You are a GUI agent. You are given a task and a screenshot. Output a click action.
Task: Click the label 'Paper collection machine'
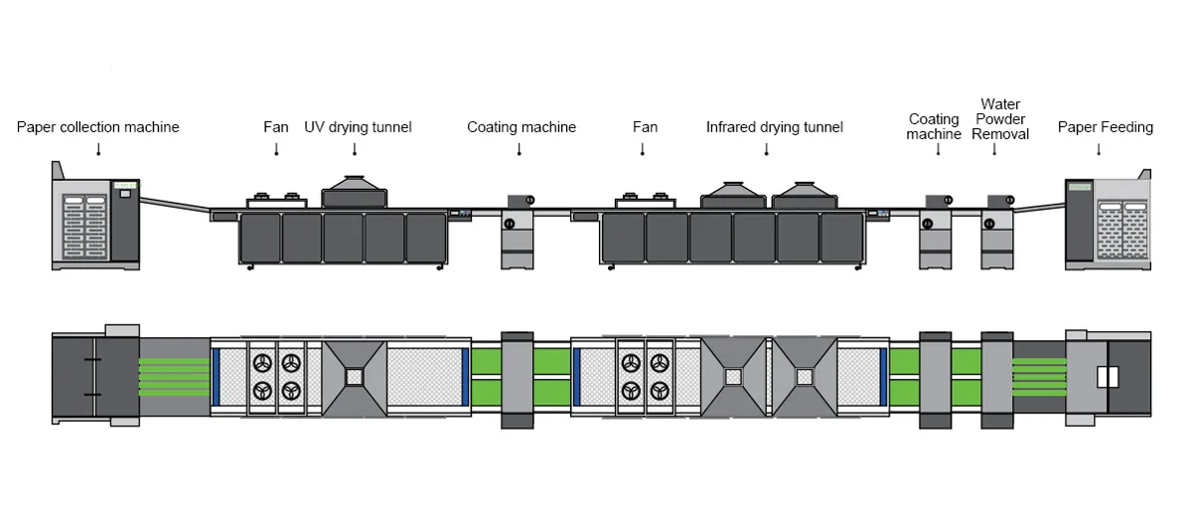tap(98, 127)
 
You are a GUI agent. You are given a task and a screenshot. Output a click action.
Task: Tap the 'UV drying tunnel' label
tap(359, 127)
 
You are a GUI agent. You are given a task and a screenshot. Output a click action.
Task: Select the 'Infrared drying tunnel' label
tap(775, 127)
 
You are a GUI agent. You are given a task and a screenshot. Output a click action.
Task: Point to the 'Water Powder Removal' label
tap(1000, 119)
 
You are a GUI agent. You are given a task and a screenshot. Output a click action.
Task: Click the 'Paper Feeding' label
tap(1106, 127)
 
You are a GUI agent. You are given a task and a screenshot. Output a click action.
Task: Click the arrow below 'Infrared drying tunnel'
tap(766, 150)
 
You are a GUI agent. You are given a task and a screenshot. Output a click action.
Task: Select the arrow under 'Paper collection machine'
tap(98, 150)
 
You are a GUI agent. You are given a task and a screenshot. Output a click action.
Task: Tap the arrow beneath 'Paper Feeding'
tap(1099, 150)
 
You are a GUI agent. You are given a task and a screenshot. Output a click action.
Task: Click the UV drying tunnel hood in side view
tap(355, 192)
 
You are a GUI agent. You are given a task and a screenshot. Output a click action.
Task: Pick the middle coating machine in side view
tap(518, 232)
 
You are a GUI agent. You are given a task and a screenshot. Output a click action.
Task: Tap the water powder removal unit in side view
tap(997, 232)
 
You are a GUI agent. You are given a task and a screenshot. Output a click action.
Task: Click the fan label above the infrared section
tap(645, 127)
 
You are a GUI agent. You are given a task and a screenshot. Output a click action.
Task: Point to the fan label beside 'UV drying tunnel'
tap(276, 127)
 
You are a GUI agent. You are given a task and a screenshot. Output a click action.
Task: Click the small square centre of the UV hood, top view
tap(355, 377)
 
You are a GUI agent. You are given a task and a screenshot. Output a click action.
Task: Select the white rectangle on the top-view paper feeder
tap(1108, 377)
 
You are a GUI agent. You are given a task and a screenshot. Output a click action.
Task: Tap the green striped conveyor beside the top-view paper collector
tap(175, 377)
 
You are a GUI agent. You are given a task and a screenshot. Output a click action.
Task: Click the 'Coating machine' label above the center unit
tap(521, 127)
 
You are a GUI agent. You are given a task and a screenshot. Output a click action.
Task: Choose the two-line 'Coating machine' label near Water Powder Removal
tap(934, 127)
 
